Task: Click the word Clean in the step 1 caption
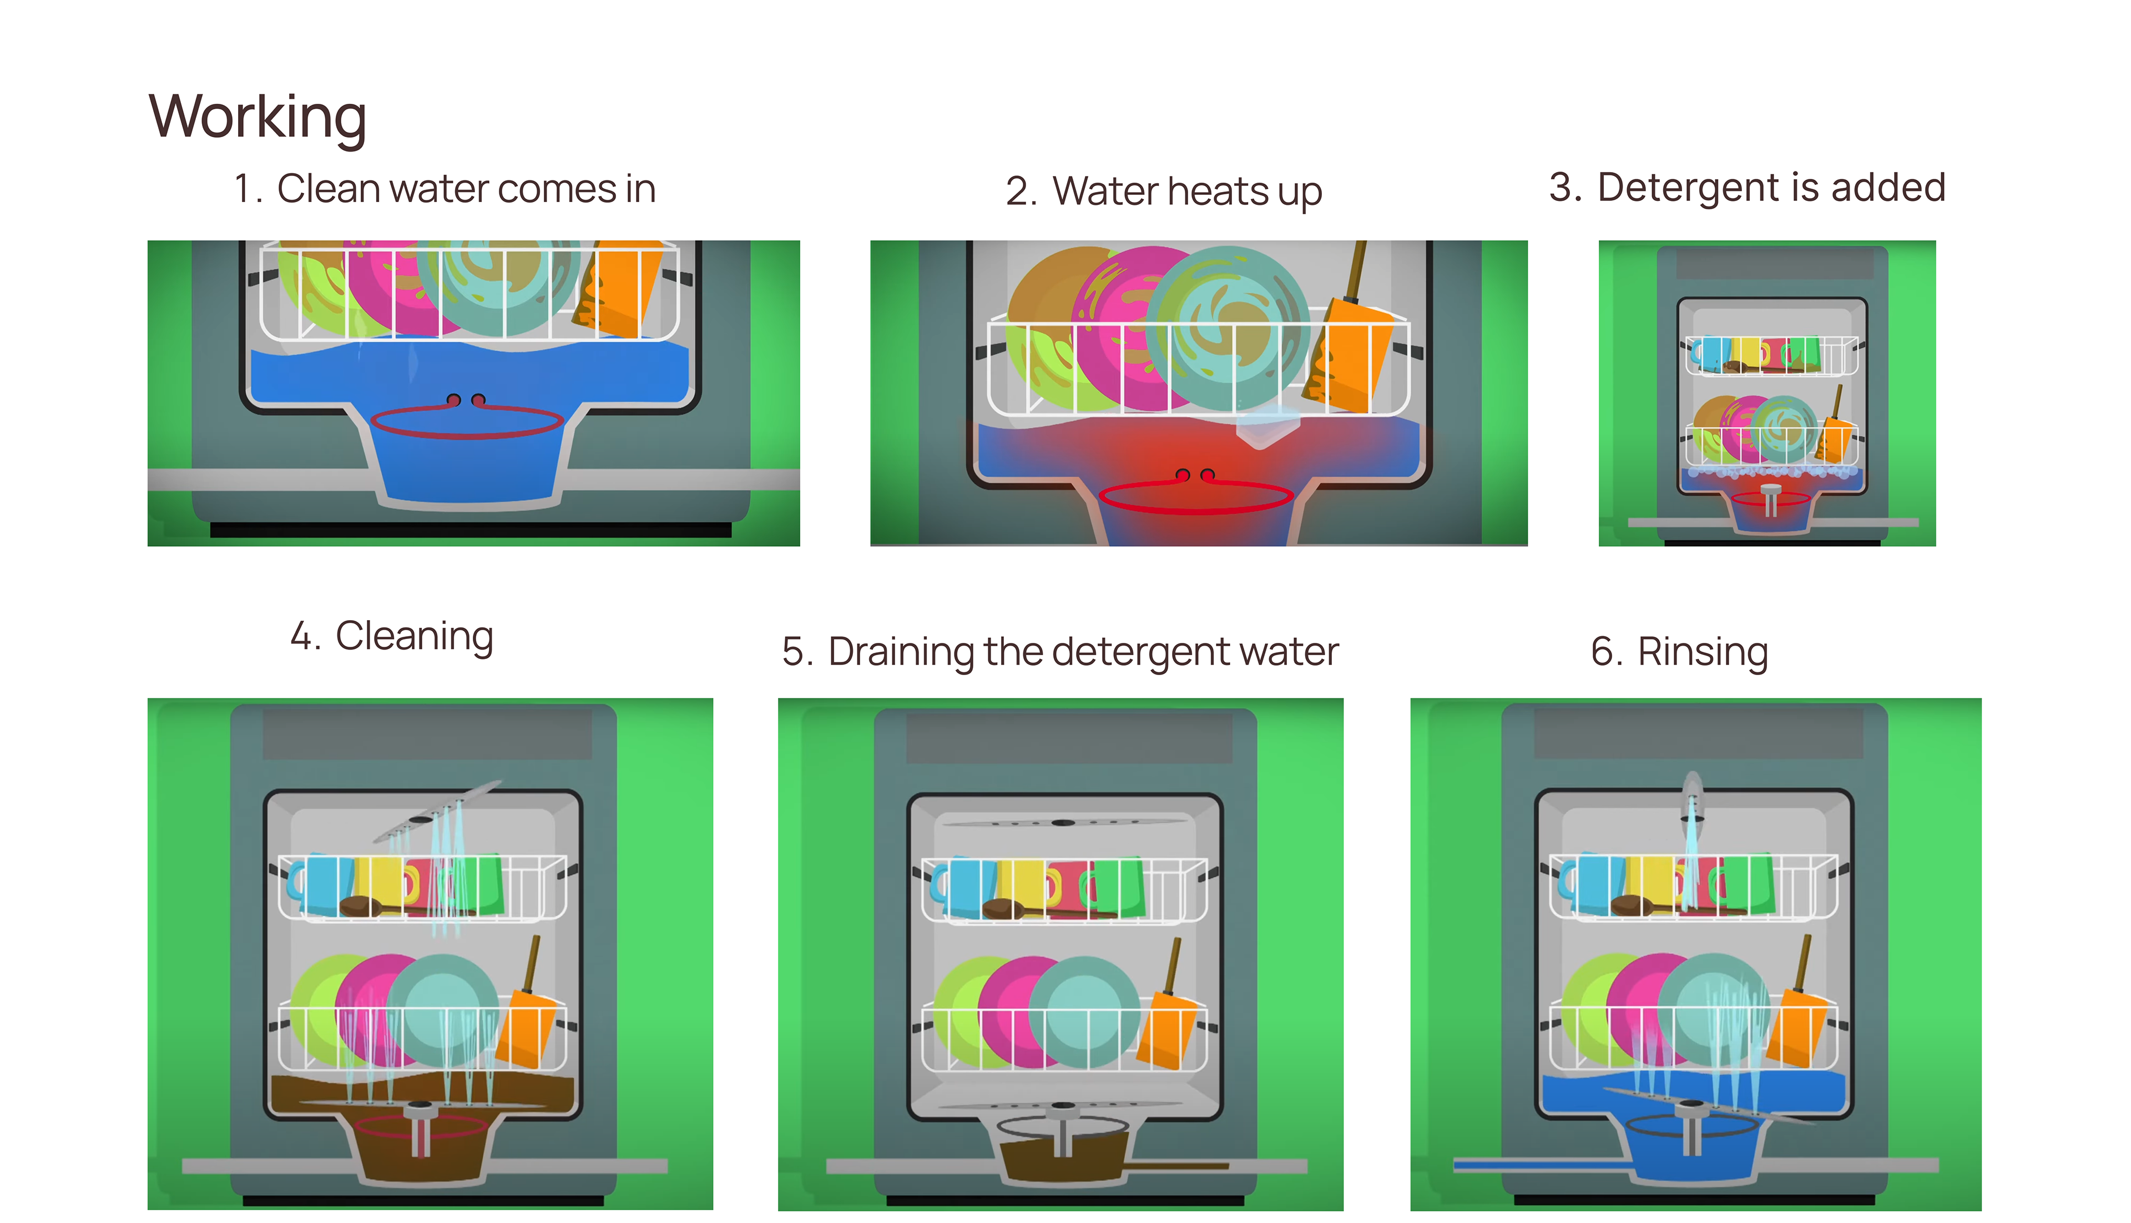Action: pyautogui.click(x=329, y=189)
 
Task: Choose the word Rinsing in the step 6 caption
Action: pyautogui.click(x=1703, y=652)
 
